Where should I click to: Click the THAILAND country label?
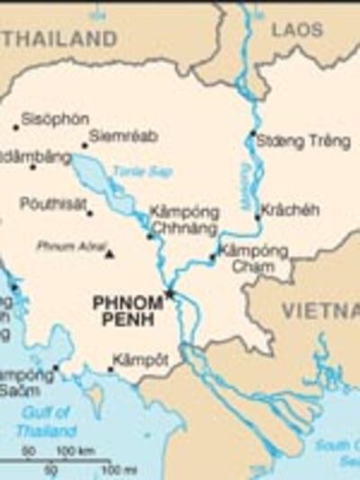[58, 39]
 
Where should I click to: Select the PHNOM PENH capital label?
[128, 312]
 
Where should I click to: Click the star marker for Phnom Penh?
[168, 294]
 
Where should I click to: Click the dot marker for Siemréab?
[85, 146]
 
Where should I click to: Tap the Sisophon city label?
[55, 119]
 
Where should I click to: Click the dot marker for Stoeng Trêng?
[253, 135]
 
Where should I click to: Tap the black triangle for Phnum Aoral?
[110, 254]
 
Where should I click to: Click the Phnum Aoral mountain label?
[71, 245]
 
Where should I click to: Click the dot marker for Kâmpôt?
[110, 369]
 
